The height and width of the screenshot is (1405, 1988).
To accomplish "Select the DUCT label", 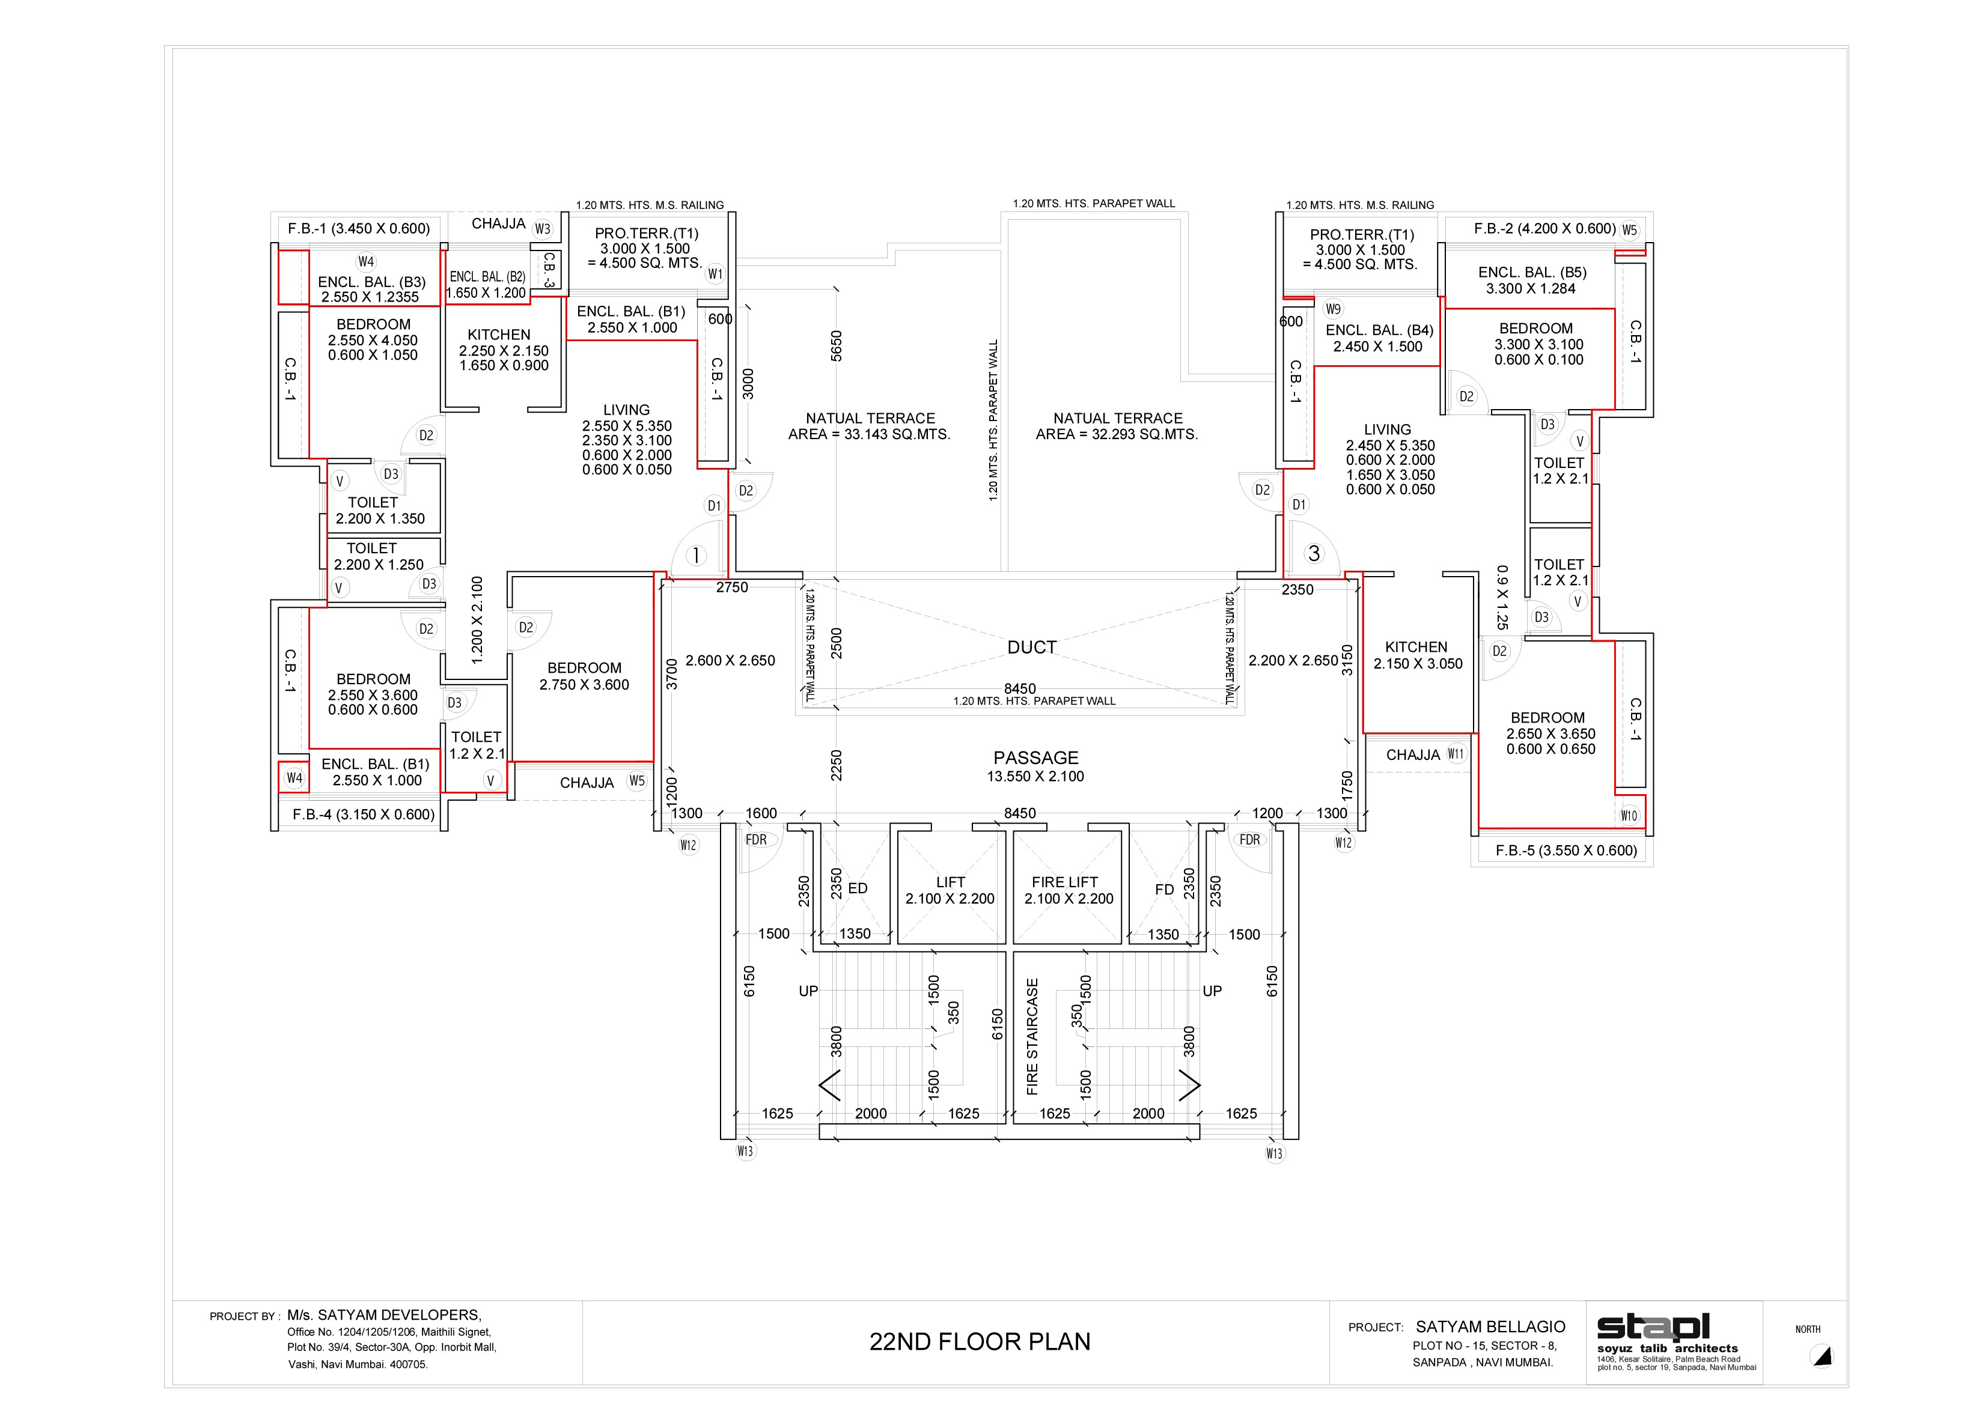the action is point(1031,648).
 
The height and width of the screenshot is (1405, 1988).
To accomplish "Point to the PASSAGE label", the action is point(1035,757).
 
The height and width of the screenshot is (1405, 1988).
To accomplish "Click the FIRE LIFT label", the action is point(1064,882).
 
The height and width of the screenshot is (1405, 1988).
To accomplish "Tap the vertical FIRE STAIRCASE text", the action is point(1032,1036).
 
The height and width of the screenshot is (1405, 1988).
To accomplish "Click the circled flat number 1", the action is point(695,556).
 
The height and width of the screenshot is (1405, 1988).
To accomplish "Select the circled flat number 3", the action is point(1314,553).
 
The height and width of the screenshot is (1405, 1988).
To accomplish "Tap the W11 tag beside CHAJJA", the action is point(1456,754).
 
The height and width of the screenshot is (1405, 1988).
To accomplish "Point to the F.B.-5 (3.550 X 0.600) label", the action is point(1566,850).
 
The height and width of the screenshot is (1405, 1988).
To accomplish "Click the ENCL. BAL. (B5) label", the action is point(1532,272).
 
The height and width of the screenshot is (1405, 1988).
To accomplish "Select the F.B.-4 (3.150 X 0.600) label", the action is point(364,814).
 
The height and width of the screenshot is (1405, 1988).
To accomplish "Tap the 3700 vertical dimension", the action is point(672,675).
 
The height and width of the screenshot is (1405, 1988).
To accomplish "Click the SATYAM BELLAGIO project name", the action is point(1490,1326).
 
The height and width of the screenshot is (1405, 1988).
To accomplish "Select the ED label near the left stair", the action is point(857,888).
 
